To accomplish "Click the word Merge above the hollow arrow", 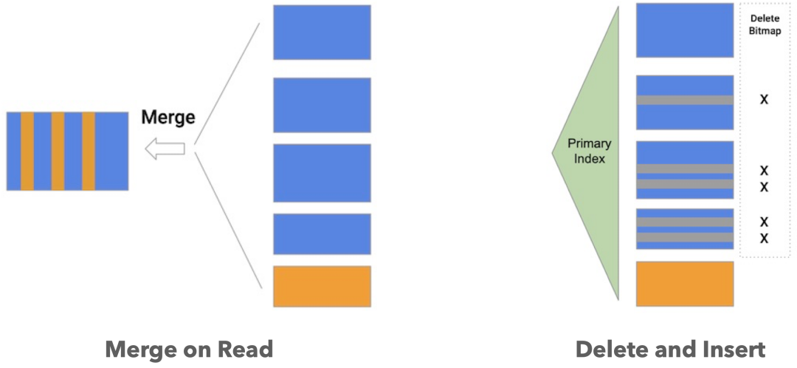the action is point(168,117).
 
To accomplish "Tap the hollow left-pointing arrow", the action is point(165,150).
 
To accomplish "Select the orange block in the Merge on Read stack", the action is point(322,286).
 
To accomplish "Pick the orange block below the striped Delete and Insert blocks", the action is point(685,283).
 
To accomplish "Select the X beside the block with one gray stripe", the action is point(764,99).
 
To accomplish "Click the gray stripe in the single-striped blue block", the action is point(685,100).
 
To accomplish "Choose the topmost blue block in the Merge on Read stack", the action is point(322,33).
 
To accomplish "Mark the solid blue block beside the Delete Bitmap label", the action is point(685,30).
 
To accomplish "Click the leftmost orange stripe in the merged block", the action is point(27,151).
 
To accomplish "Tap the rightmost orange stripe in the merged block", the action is point(89,151).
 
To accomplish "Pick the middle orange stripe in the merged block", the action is point(58,151).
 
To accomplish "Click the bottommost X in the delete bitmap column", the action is point(764,238).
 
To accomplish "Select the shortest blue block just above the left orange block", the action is point(322,234).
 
